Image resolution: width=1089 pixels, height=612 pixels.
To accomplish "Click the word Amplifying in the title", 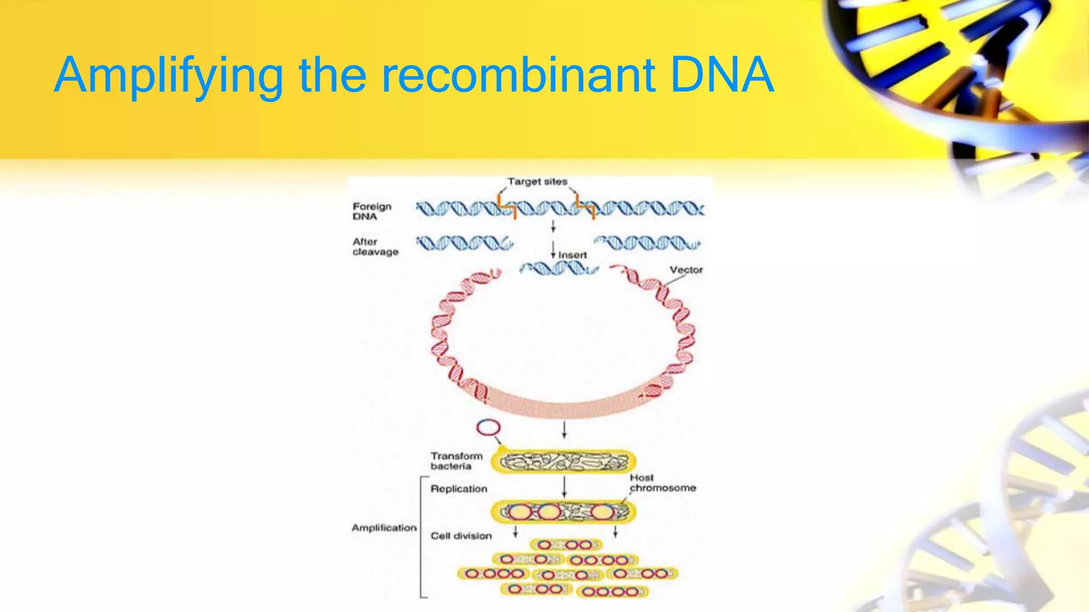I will point(168,75).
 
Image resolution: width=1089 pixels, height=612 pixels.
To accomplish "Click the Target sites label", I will point(537,182).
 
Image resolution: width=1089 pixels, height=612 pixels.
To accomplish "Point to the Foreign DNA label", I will point(372,211).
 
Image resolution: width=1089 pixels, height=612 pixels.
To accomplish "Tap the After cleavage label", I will point(375,246).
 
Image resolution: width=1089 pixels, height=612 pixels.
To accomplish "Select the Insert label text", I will point(572,255).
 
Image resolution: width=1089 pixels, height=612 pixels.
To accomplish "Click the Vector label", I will point(686,270).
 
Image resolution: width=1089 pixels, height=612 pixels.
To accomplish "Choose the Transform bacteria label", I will point(456,461).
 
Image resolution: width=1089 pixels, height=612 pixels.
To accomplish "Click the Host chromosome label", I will point(663,483).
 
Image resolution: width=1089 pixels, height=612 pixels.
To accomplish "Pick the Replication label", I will point(458,489).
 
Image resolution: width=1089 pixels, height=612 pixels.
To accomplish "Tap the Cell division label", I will point(461,536).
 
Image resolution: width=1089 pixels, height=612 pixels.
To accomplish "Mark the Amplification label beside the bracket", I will point(384,528).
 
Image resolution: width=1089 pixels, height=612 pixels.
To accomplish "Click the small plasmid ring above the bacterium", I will point(488,428).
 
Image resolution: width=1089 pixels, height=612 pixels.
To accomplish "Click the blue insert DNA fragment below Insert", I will point(558,268).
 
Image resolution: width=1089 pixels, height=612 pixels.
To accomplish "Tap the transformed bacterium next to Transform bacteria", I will point(564,462).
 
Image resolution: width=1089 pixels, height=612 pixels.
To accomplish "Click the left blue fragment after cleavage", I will point(464,244).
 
